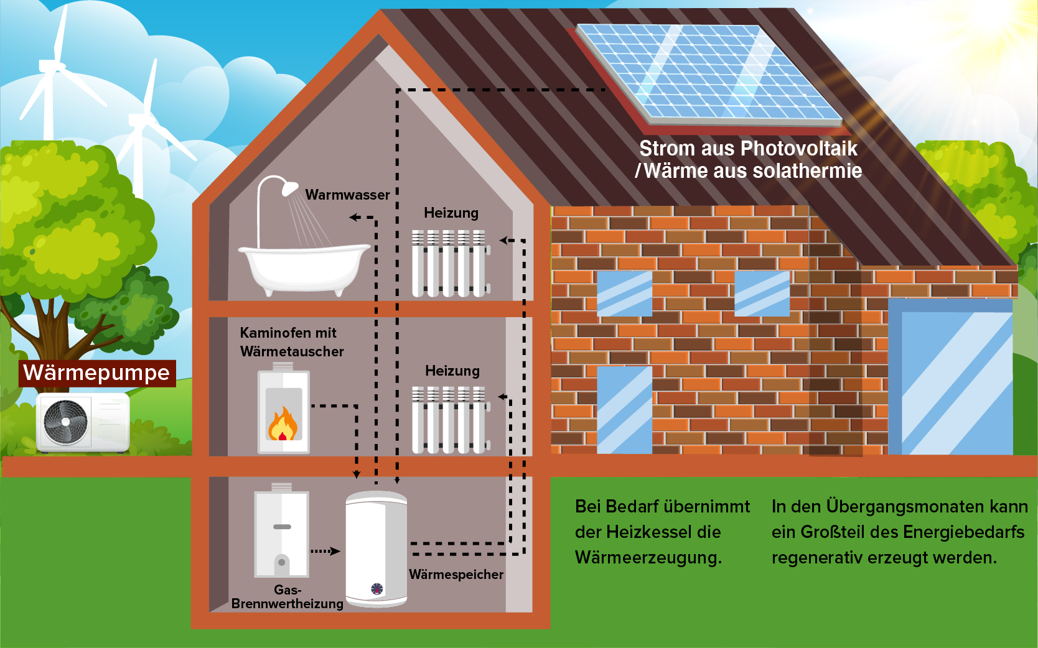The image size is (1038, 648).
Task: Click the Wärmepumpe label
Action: [96, 373]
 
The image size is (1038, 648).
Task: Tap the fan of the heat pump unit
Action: [65, 422]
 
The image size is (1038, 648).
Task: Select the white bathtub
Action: [304, 267]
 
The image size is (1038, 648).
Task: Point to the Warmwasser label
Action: [347, 195]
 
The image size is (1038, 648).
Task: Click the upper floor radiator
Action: [449, 263]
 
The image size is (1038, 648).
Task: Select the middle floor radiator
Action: [449, 420]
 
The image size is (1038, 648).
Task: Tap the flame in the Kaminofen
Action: [283, 425]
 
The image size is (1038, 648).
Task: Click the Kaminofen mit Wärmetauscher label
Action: [291, 342]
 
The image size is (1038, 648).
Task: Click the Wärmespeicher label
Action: [456, 575]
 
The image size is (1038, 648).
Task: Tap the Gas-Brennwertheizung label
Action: [287, 597]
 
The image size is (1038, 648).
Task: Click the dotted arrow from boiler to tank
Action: [325, 551]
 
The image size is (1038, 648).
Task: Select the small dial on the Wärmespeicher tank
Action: [377, 589]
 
